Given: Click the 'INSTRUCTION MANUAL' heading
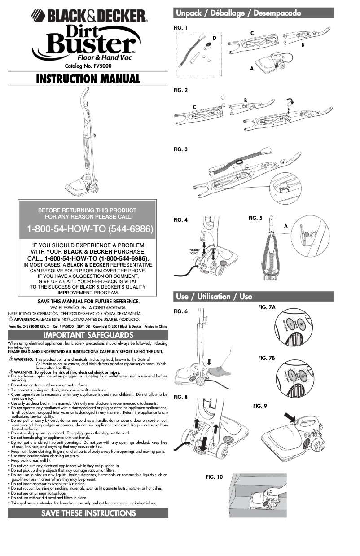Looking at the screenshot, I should (x=88, y=79).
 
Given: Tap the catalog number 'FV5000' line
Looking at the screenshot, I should (x=88, y=66).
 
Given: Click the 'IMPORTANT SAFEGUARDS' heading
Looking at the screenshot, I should (x=88, y=335).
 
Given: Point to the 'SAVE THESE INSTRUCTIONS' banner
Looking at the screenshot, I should (x=88, y=513).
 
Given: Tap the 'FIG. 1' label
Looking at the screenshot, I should (x=180, y=28).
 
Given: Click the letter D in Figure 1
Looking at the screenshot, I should (x=215, y=38).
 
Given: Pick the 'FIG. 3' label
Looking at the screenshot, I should (x=180, y=149).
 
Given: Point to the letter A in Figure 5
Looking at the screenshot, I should (x=286, y=227).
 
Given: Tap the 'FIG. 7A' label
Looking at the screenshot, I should (x=267, y=307).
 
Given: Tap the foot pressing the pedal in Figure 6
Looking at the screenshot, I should (x=222, y=369).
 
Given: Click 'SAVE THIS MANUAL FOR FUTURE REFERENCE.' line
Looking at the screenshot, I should (x=88, y=301).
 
